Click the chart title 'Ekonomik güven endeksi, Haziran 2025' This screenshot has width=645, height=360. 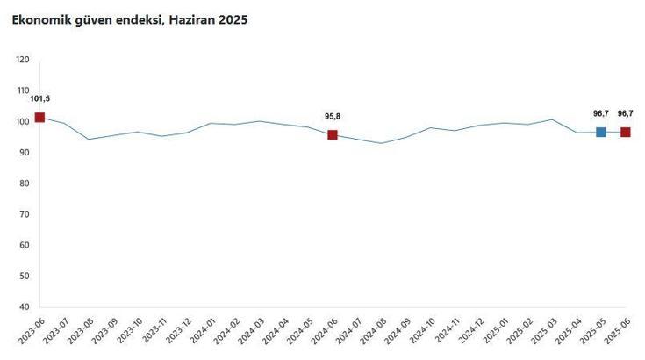click(129, 19)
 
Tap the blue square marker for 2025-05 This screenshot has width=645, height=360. click(600, 132)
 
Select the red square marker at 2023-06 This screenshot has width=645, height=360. click(39, 117)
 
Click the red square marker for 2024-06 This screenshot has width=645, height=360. click(333, 134)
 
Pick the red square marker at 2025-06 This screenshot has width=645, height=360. click(625, 132)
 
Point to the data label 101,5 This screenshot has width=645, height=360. click(39, 99)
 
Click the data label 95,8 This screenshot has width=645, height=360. click(333, 116)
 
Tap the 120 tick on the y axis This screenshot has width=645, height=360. click(23, 60)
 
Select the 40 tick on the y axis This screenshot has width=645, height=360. click(25, 307)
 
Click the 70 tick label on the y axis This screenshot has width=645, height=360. click(25, 214)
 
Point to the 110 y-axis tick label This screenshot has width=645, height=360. click(23, 90)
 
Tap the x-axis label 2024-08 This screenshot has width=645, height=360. click(371, 334)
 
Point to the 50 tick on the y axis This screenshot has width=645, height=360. click(25, 277)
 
